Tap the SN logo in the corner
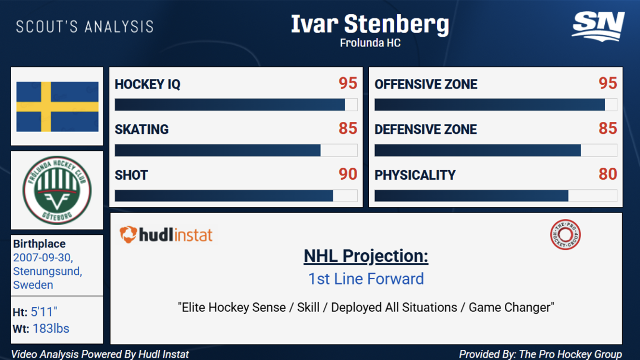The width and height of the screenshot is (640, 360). click(598, 26)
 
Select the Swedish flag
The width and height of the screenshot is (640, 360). click(57, 107)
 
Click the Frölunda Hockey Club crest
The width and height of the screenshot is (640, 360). click(57, 190)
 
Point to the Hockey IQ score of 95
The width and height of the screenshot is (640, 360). click(348, 83)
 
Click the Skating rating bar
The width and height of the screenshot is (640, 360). click(236, 150)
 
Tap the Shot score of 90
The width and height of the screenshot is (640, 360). click(348, 174)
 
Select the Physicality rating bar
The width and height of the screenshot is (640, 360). click(496, 196)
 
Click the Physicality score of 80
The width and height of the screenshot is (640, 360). click(608, 174)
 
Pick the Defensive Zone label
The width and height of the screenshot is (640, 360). click(426, 130)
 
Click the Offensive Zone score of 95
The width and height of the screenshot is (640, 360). click(608, 83)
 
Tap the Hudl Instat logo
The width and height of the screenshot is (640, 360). click(166, 235)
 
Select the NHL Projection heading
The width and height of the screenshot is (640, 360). click(366, 256)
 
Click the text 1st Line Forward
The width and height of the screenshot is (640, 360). click(366, 279)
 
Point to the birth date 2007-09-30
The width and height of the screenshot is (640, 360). click(43, 258)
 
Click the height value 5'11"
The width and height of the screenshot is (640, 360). click(44, 312)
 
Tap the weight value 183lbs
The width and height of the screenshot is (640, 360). click(51, 329)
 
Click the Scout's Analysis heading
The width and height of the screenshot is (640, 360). click(85, 27)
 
